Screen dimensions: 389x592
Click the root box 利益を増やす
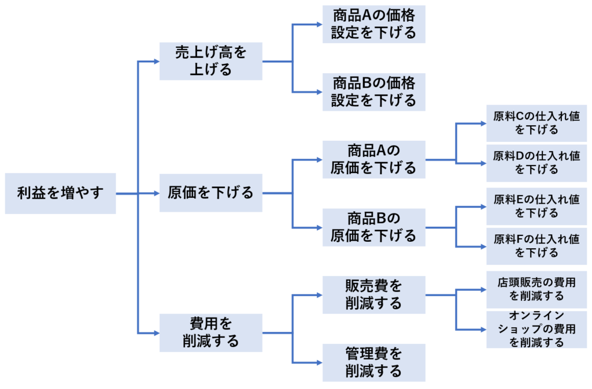(60, 193)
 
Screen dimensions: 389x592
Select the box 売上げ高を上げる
(210, 61)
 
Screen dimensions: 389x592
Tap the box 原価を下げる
(210, 193)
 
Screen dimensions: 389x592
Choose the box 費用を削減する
(210, 332)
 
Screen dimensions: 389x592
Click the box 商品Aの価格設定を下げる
(373, 24)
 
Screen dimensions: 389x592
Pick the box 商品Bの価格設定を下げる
(373, 92)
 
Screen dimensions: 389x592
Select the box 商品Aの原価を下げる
(373, 159)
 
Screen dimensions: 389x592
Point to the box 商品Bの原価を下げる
(373, 227)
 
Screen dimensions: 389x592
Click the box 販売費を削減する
(373, 295)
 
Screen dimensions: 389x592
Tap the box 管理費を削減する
(373, 362)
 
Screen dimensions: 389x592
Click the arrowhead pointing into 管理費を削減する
(318, 362)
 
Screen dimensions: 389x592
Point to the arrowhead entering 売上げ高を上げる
(155, 61)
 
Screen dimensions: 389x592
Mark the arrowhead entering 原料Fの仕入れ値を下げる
(482, 246)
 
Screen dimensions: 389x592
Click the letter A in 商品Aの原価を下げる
(381, 151)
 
